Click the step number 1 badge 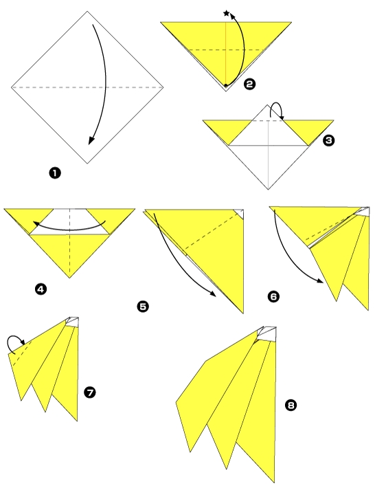[54, 173]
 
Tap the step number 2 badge [249, 84]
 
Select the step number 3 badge [329, 140]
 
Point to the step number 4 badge [41, 289]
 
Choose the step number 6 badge [273, 297]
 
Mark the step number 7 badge [89, 392]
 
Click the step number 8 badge [291, 406]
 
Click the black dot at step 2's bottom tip [225, 86]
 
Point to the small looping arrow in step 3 [275, 110]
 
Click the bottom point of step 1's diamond [87, 163]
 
